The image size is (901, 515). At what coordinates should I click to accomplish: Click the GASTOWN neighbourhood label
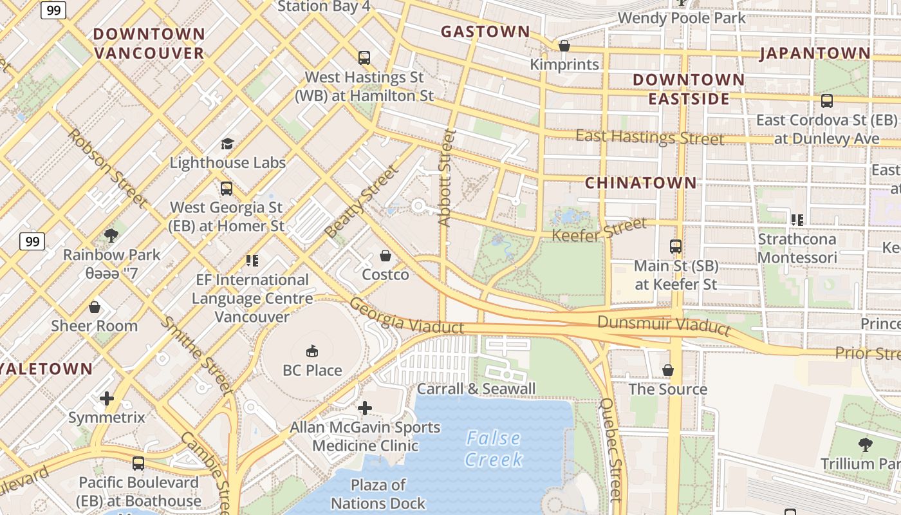click(x=485, y=32)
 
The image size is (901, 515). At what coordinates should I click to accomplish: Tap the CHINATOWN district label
click(x=640, y=183)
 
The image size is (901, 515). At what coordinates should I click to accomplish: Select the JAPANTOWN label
click(x=815, y=53)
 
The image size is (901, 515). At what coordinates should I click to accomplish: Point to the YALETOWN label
click(x=46, y=369)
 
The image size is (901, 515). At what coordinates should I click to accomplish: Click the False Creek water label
click(x=493, y=449)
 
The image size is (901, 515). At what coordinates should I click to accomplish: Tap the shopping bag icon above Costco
click(x=385, y=256)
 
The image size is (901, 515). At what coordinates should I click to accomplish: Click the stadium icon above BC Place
click(x=312, y=351)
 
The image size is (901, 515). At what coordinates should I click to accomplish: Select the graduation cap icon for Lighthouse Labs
click(x=227, y=144)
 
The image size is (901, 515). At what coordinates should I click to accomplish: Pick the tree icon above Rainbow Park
click(x=111, y=235)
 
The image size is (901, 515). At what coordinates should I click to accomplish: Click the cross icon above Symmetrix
click(x=107, y=398)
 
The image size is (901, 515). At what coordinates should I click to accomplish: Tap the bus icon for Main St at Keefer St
click(x=676, y=246)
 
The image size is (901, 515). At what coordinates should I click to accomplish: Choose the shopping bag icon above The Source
click(x=668, y=370)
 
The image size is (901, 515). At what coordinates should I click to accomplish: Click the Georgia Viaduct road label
click(x=407, y=316)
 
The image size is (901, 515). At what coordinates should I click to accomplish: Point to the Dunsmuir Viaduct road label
click(x=664, y=325)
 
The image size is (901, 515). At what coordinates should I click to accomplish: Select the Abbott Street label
click(x=446, y=178)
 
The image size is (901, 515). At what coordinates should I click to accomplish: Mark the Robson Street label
click(x=107, y=169)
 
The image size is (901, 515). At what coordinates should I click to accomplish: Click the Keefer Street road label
click(x=599, y=229)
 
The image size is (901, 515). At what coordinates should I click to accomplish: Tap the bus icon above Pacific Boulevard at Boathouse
click(x=138, y=463)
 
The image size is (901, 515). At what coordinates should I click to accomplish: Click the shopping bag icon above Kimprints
click(x=564, y=46)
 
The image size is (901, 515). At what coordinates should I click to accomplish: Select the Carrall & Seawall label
click(x=476, y=389)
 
